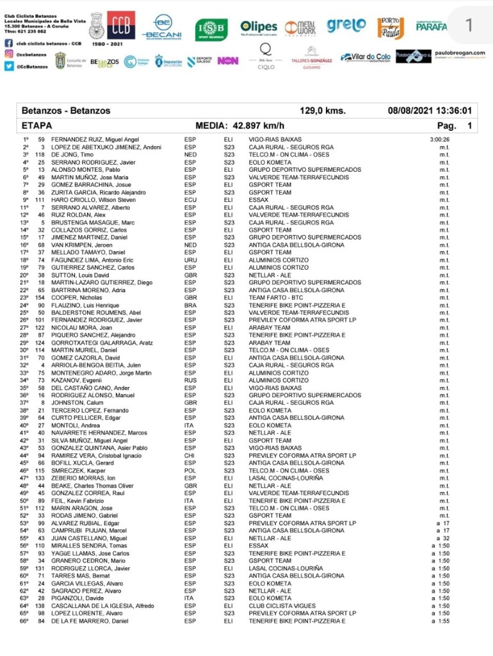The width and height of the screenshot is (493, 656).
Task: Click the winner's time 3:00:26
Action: (x=440, y=139)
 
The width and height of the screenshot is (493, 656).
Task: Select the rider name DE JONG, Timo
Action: (x=72, y=154)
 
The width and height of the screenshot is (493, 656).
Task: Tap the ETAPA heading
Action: (x=36, y=126)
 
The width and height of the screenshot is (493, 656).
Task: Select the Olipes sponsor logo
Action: (x=259, y=27)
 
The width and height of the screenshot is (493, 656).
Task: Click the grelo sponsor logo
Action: (x=346, y=25)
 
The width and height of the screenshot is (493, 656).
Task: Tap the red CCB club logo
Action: (x=120, y=26)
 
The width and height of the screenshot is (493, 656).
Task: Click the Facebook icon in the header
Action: (x=8, y=43)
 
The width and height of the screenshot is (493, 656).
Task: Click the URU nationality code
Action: (x=190, y=259)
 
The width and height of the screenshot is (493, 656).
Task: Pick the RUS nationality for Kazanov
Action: (x=190, y=380)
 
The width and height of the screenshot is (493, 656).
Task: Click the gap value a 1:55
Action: (x=442, y=621)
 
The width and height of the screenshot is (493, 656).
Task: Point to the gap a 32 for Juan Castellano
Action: (x=442, y=538)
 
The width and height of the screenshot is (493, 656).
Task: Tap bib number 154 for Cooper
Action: (x=40, y=297)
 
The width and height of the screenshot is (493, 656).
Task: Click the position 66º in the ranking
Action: (x=25, y=621)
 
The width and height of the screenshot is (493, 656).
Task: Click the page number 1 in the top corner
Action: (x=469, y=26)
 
